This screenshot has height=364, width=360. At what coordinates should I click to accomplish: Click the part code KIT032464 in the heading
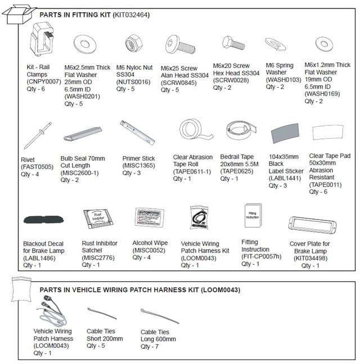(129, 15)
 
